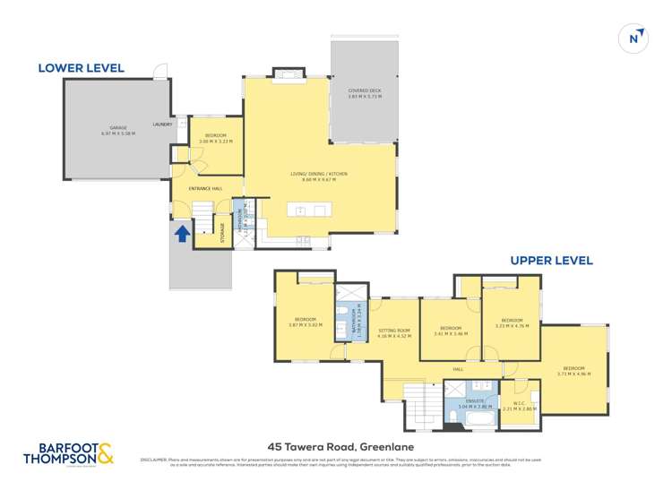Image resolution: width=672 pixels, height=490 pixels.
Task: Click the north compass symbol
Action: point(634,38)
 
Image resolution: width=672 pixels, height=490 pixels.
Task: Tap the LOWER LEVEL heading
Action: point(81,68)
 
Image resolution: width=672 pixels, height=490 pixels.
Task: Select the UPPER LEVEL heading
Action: point(551,261)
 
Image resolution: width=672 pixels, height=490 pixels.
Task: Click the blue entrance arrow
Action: point(182,234)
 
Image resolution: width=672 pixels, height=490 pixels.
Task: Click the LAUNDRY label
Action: point(162,125)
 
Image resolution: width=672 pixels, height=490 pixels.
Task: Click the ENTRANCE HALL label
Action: point(205,188)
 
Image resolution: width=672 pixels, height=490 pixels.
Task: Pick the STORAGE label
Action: point(222,232)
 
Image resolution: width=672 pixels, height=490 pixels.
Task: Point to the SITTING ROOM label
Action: point(394,331)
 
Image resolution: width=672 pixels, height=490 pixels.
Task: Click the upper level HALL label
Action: point(458,369)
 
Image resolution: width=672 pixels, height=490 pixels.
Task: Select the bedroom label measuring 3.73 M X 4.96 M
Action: point(573,371)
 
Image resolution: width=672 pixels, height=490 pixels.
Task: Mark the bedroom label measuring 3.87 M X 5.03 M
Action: point(305,322)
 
